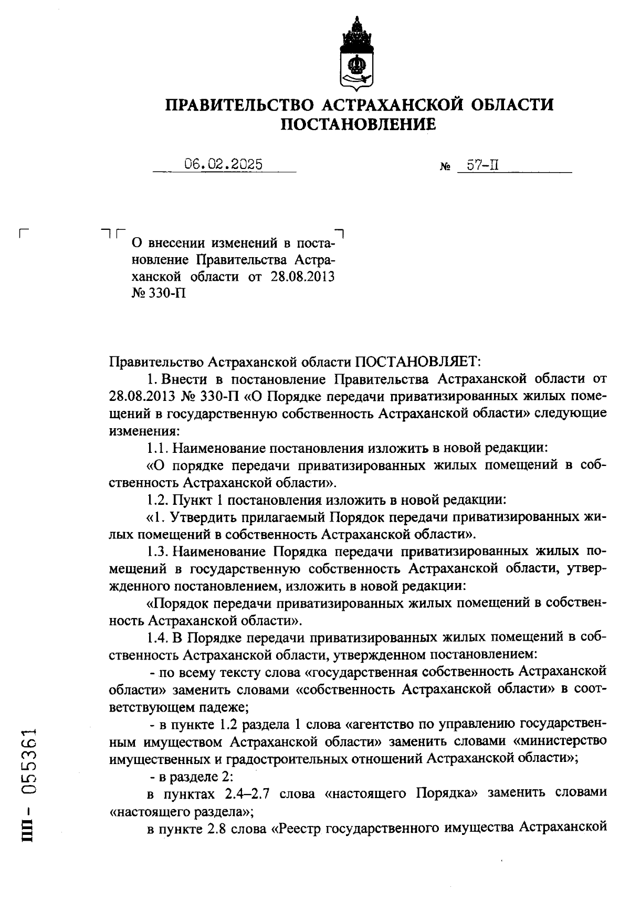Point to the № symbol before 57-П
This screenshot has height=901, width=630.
point(444,168)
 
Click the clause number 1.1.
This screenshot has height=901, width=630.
point(156,449)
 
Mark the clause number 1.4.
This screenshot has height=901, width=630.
point(157,637)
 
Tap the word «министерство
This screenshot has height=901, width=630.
point(559,741)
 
